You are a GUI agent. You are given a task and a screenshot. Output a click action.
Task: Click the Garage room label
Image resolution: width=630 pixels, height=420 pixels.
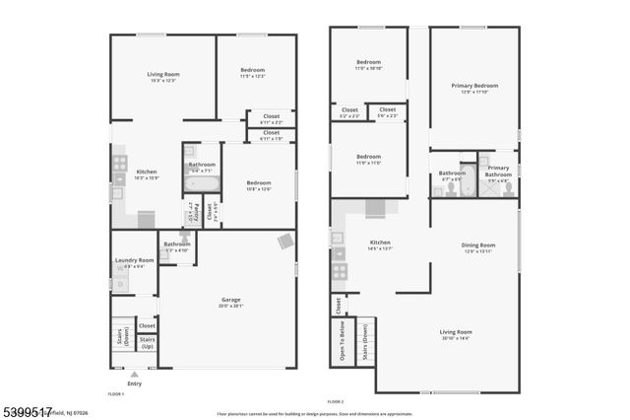tap(228, 302)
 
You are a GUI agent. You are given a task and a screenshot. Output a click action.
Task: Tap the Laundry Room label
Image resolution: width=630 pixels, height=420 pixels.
tap(133, 262)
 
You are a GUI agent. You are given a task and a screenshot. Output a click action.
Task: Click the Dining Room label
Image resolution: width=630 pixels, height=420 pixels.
tap(478, 247)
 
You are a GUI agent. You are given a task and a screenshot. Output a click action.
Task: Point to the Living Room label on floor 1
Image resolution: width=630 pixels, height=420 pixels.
tap(162, 75)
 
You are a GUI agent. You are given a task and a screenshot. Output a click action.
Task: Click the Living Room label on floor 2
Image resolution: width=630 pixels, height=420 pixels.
tap(456, 334)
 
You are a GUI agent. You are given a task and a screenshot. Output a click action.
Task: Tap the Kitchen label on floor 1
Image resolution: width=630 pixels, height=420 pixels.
tap(146, 175)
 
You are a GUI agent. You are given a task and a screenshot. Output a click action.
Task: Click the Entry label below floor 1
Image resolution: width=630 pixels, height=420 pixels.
tap(134, 383)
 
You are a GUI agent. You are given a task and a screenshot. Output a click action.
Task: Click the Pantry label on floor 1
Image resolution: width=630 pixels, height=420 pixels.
tap(196, 211)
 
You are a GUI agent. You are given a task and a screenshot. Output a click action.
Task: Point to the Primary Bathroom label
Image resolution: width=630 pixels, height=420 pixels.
tap(498, 173)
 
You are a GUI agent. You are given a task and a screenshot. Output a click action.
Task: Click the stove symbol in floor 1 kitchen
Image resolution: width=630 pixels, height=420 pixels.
tap(120, 164)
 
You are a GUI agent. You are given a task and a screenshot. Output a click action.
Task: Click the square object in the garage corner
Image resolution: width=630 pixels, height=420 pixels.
tap(285, 241)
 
